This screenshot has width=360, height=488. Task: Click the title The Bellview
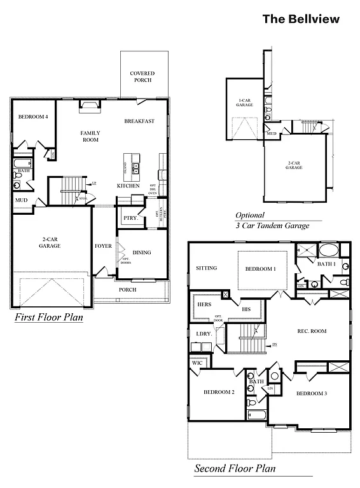click(x=301, y=19)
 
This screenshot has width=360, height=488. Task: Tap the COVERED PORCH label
click(x=142, y=77)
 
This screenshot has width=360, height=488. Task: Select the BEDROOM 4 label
click(x=33, y=117)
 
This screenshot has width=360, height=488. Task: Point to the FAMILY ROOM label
click(x=90, y=136)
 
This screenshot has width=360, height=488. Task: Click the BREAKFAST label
click(x=139, y=121)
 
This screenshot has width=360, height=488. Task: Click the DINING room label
click(x=142, y=253)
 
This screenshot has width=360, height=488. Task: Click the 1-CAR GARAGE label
click(x=245, y=102)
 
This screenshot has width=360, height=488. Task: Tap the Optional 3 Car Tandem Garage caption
click(x=272, y=220)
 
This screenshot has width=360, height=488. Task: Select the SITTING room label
click(x=206, y=268)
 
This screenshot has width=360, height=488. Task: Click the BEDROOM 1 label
click(x=261, y=269)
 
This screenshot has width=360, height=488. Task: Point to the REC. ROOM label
click(x=312, y=331)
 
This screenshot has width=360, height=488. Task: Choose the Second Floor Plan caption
click(x=235, y=470)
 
